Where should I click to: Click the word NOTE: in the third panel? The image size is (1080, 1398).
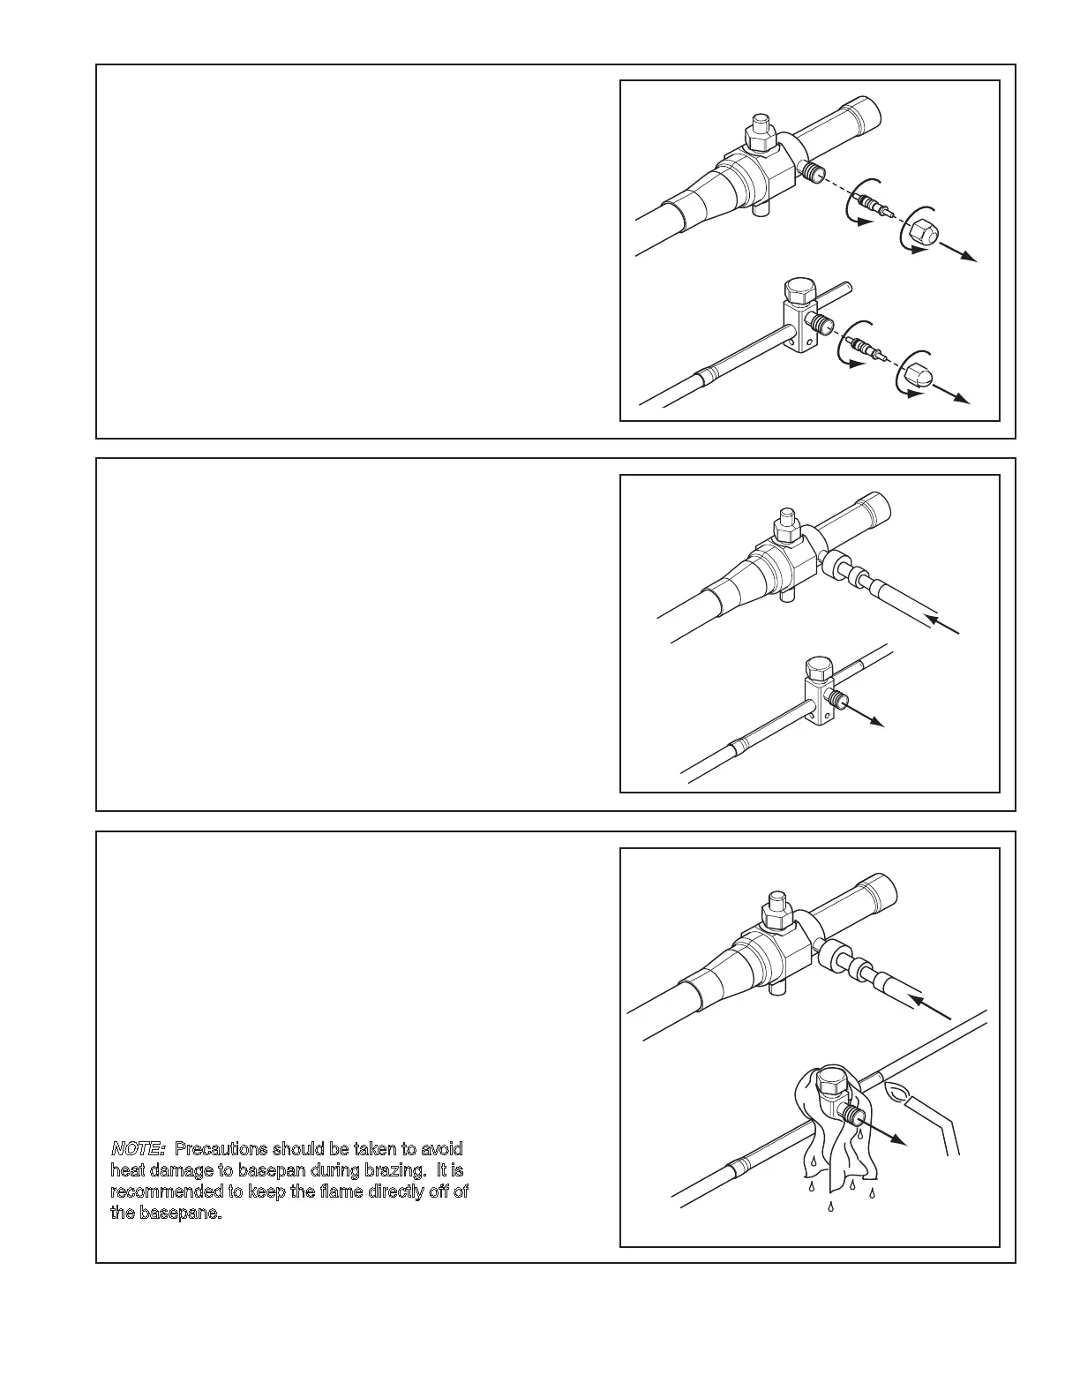138,1149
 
